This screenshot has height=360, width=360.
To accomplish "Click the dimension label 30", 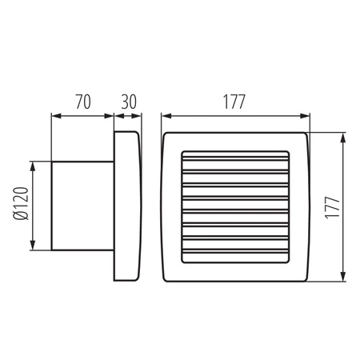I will pos(128,102).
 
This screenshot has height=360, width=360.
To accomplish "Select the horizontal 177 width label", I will pos(234,102).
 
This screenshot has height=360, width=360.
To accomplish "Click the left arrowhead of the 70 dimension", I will pos(55,115).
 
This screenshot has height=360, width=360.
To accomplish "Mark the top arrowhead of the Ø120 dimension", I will pos(33,163).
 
